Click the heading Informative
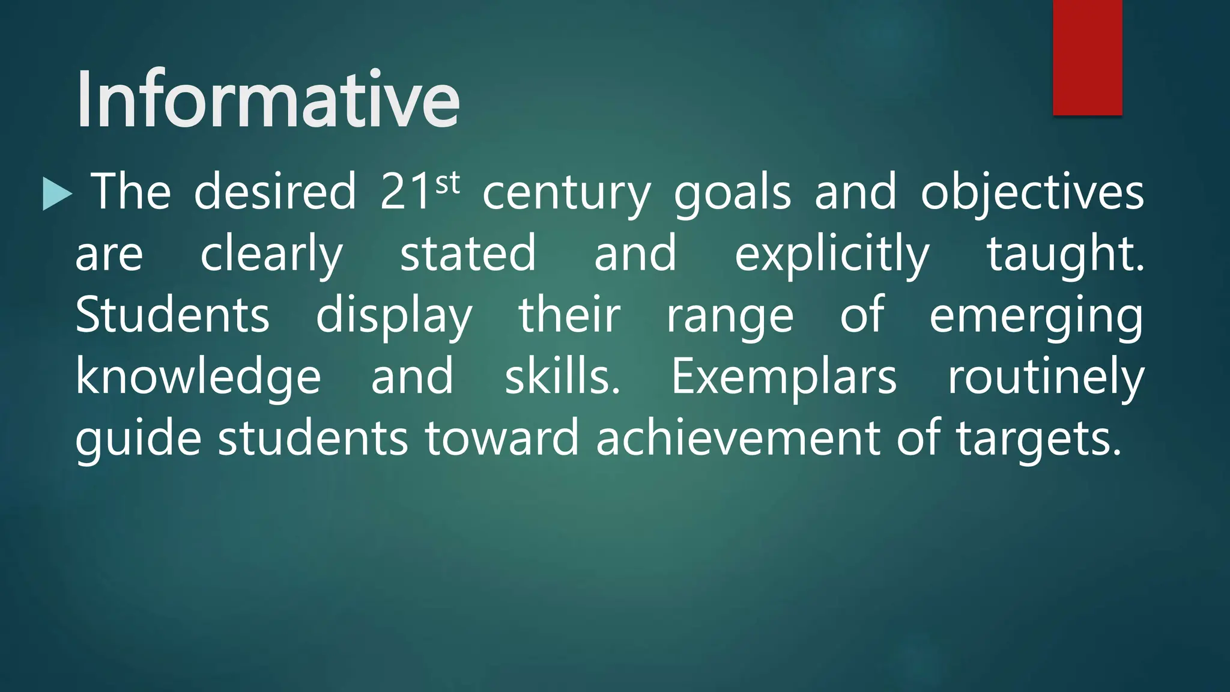268,100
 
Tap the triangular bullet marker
56,193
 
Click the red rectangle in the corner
1087,57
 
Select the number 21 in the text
406,192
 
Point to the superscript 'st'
447,182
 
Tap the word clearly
271,255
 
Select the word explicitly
832,255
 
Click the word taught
1065,255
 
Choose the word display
394,316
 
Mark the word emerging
1036,317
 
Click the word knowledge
198,377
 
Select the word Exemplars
784,377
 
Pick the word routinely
1046,377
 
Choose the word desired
275,192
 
